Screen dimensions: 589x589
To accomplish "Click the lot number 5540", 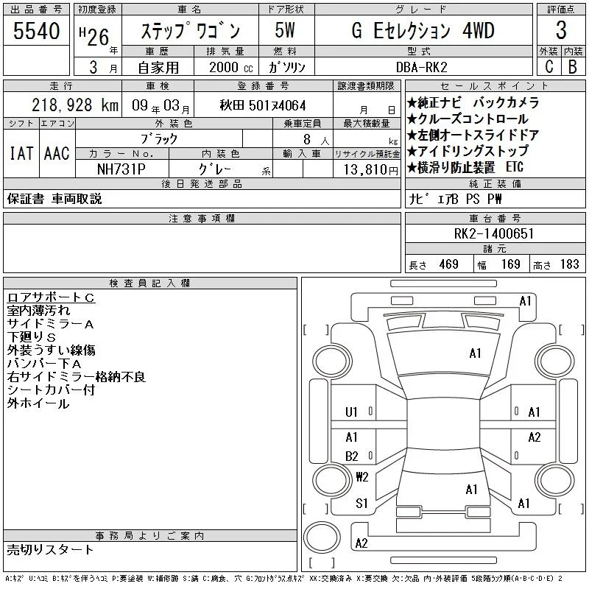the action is (x=36, y=31).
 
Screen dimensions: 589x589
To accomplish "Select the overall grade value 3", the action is (x=561, y=30).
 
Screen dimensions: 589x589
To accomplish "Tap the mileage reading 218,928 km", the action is (x=75, y=105).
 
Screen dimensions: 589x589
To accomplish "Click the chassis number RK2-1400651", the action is (x=494, y=233).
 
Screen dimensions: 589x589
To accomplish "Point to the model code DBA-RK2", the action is (x=422, y=67).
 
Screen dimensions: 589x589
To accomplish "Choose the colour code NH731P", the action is (x=121, y=169).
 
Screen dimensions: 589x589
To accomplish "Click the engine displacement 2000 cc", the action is (x=231, y=67).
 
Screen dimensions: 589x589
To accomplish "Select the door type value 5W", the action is (x=285, y=30).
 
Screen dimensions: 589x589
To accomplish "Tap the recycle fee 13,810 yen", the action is (x=371, y=170).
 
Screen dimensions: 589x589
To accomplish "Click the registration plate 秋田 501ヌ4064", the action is (x=263, y=105).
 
